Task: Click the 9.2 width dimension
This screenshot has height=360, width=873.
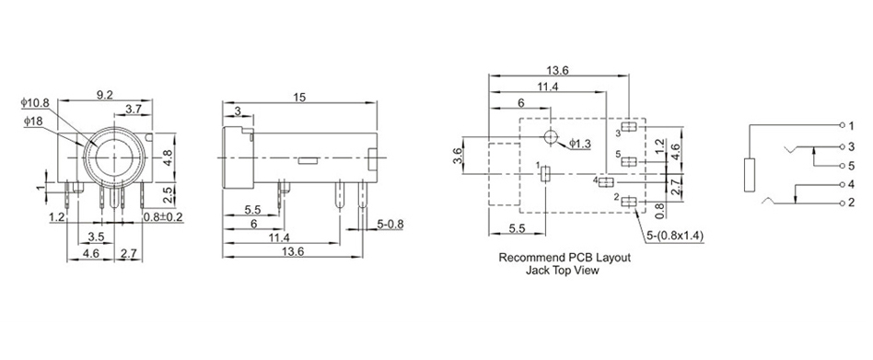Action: [105, 95]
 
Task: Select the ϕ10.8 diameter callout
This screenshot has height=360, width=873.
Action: [35, 103]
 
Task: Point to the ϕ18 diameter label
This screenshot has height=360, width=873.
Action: [33, 121]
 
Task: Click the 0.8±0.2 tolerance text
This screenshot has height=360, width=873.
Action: [164, 217]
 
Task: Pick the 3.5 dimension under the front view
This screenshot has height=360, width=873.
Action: [96, 237]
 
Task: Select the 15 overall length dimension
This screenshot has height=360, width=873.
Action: [299, 98]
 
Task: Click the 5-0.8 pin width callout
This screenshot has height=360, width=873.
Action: [390, 225]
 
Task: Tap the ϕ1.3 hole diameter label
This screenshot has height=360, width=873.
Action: [580, 144]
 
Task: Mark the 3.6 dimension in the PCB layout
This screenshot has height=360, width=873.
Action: [458, 156]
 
